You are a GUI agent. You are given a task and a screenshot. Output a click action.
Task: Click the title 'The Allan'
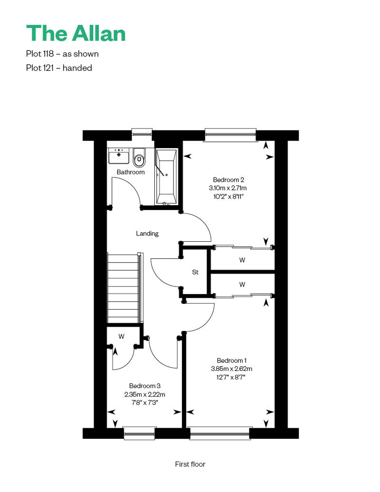point(76,33)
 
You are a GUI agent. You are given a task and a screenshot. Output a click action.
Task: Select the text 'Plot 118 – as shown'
point(62,54)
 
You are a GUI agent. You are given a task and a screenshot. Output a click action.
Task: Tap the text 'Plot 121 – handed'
point(59,68)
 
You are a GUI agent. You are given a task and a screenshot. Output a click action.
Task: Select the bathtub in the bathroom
point(166,177)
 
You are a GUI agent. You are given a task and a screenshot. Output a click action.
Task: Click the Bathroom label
point(131,172)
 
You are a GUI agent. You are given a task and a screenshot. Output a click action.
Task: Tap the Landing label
point(147,234)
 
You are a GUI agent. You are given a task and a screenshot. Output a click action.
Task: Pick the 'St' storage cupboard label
point(195,272)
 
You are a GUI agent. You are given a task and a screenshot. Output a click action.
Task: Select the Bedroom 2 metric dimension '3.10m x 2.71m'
point(228,188)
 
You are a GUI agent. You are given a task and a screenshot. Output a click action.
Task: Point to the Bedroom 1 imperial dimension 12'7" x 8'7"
point(231,377)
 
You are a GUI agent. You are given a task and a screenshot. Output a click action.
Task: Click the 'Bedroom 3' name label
point(145,386)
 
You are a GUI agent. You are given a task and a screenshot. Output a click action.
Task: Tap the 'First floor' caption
point(190,464)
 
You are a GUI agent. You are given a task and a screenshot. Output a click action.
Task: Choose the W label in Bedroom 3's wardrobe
point(122,336)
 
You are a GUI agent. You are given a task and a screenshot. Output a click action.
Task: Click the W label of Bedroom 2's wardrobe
point(242,260)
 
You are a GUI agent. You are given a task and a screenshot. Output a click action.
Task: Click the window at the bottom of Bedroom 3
point(140,433)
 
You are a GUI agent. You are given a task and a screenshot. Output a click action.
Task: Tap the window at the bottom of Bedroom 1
point(219,433)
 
